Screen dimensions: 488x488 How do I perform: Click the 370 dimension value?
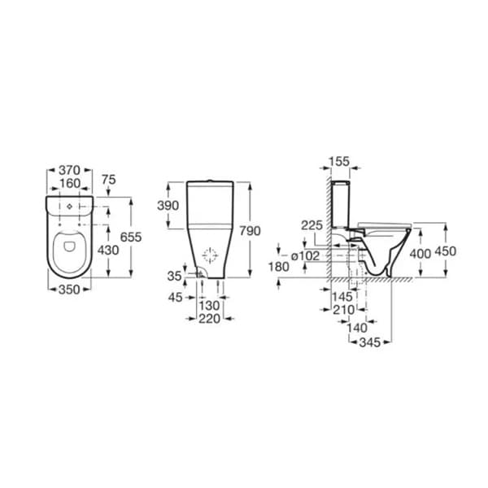click(70, 170)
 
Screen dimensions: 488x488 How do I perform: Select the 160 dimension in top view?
click(70, 183)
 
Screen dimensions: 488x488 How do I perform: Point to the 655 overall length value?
click(131, 237)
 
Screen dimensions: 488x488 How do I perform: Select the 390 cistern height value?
click(168, 207)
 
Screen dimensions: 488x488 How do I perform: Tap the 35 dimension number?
click(174, 277)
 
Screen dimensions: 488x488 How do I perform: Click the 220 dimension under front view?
click(211, 320)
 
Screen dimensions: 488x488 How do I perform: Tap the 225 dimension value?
click(312, 224)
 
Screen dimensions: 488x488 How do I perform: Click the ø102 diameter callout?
click(304, 254)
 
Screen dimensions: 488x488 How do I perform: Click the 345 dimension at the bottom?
click(370, 342)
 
